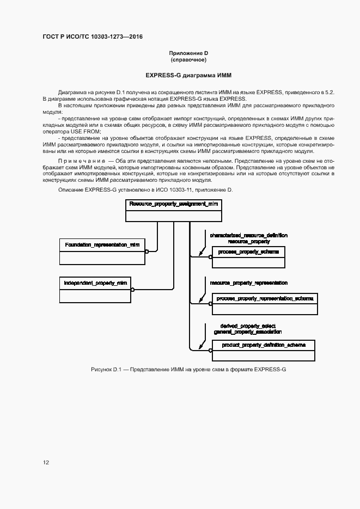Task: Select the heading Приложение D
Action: point(188,53)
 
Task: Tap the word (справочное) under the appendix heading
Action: point(188,59)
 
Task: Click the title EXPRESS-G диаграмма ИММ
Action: point(188,75)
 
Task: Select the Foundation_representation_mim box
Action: point(102,245)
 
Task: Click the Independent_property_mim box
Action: point(95,284)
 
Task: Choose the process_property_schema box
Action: point(248,252)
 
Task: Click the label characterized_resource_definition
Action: point(249,235)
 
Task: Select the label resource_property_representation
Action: point(249,283)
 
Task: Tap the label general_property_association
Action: point(247,331)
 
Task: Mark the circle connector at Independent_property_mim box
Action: point(132,290)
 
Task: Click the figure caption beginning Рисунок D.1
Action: point(188,370)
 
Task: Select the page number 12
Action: point(46,463)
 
